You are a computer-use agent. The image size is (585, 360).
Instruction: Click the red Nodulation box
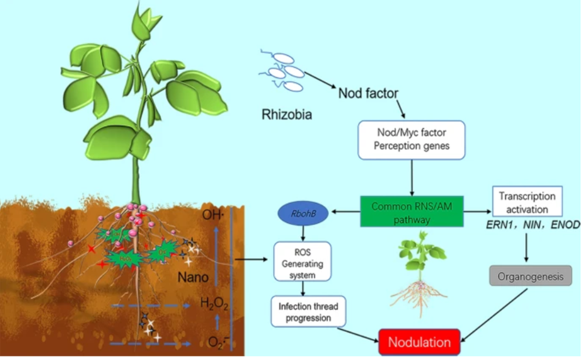coord(419,342)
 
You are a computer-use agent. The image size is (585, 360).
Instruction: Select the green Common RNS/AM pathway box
coord(412,212)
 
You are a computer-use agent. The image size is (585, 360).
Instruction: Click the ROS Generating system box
coord(303,261)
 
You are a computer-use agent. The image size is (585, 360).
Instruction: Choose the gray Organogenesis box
coord(530,277)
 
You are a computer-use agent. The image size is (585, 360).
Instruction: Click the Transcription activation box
coord(527,202)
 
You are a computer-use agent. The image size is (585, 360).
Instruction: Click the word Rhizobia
coord(287,115)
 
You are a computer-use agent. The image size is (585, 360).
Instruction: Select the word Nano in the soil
coord(194,278)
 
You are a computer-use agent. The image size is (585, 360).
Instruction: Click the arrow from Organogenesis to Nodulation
coord(494,314)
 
